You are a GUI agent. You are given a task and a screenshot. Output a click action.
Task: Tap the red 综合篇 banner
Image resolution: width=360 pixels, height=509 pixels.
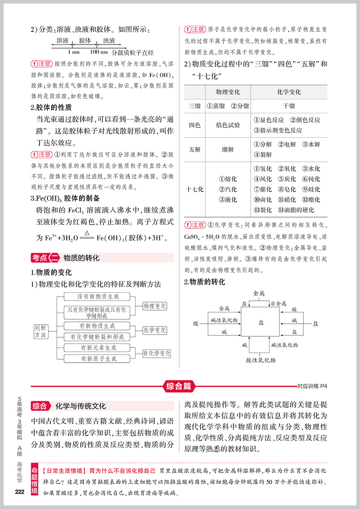178,385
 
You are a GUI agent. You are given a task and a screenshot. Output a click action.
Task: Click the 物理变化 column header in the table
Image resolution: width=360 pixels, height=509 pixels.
228,92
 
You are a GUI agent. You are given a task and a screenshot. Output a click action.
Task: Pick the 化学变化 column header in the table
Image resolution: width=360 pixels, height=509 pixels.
289,92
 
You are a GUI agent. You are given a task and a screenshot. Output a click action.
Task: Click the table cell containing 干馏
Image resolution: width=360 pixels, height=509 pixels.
289,106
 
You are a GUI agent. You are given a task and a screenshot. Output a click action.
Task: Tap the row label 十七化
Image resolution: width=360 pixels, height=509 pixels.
194,189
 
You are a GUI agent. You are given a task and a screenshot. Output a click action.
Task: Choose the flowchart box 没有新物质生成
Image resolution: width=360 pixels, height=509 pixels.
98,297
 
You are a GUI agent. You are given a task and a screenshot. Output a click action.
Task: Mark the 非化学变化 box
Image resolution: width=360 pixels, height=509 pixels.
157,353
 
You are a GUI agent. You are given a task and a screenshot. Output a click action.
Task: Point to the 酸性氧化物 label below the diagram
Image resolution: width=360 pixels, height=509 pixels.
261,360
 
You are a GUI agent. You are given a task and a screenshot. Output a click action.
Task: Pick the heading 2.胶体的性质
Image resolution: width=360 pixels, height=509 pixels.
51,108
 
